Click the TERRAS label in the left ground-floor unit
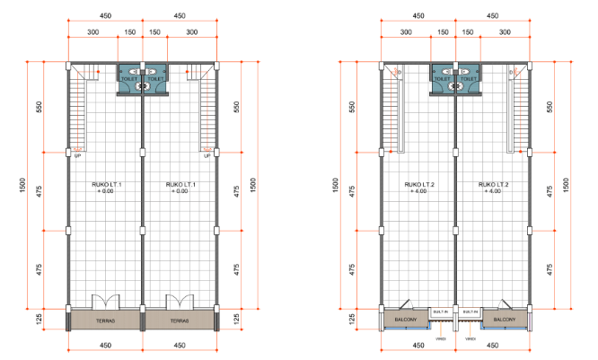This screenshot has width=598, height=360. [105, 319]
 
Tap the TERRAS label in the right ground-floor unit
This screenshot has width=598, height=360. [179, 319]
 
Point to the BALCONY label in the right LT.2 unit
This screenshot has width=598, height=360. [504, 319]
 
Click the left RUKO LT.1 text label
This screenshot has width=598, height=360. [106, 187]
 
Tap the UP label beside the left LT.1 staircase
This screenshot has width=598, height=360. [79, 157]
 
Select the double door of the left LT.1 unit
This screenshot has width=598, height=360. [106, 300]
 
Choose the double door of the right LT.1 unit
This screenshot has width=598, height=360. [179, 300]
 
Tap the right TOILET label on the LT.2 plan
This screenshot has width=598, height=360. [470, 79]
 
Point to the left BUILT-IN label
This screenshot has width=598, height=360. [440, 312]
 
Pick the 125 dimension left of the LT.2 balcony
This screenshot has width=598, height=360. [352, 319]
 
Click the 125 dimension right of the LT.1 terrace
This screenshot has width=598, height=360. [236, 319]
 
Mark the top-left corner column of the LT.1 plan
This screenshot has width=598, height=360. [69, 65]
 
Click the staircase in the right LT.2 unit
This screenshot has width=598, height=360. [520, 108]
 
